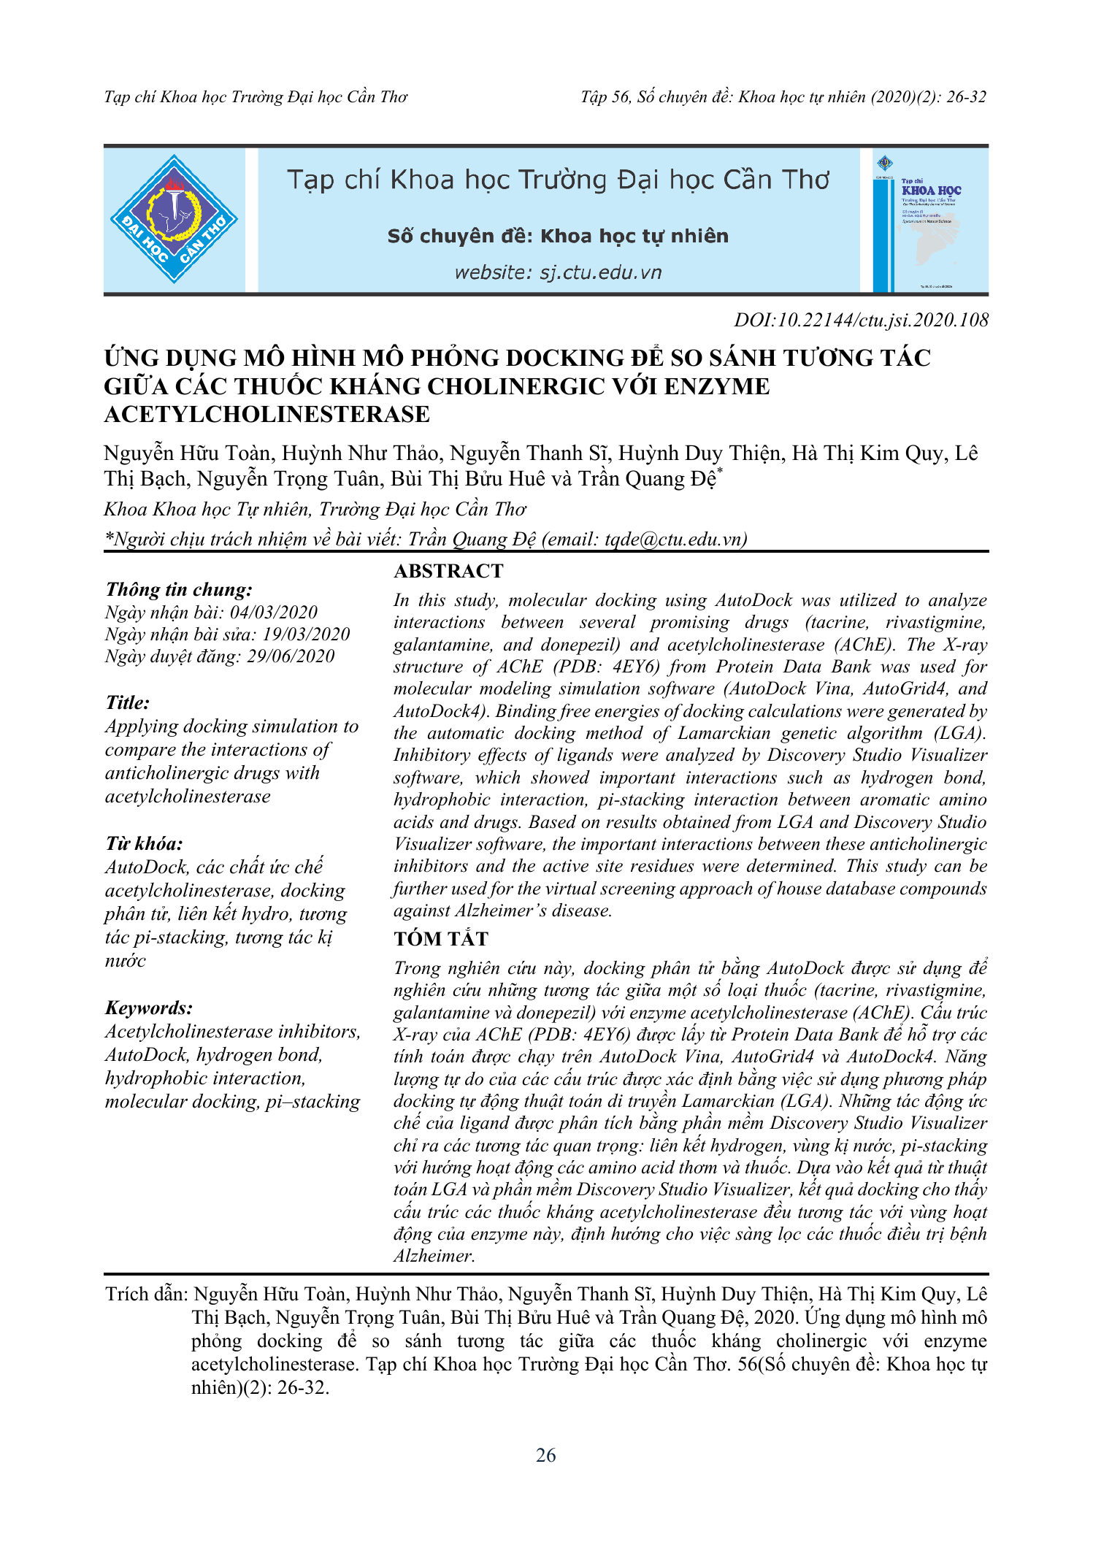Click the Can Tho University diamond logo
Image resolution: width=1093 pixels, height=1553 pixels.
click(x=174, y=219)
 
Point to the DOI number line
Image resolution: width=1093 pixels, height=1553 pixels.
click(x=861, y=320)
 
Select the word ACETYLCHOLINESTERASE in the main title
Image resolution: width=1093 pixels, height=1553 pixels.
click(x=267, y=415)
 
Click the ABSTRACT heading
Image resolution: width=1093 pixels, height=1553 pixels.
click(x=448, y=571)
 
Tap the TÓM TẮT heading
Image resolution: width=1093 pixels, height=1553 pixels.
click(x=441, y=939)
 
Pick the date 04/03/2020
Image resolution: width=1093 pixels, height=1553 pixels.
click(x=274, y=612)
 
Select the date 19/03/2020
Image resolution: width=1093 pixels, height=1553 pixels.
click(x=306, y=634)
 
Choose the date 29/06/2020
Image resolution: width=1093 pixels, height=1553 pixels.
click(x=291, y=656)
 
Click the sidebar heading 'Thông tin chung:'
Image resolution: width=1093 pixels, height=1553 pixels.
click(x=179, y=589)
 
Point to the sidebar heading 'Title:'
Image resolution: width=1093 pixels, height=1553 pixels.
click(x=128, y=702)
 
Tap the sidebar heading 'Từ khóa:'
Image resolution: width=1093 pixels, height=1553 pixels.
click(x=144, y=844)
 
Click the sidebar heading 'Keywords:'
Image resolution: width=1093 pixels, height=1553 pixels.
click(x=149, y=1008)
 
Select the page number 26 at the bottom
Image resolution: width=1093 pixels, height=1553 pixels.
click(x=546, y=1455)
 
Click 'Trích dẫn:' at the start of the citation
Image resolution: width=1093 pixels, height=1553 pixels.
click(x=147, y=1294)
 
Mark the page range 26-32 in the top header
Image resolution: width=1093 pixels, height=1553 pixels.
click(x=966, y=97)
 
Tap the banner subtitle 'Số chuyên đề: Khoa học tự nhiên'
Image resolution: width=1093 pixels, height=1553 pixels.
click(x=558, y=236)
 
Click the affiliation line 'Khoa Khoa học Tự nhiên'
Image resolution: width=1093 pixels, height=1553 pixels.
click(x=315, y=509)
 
